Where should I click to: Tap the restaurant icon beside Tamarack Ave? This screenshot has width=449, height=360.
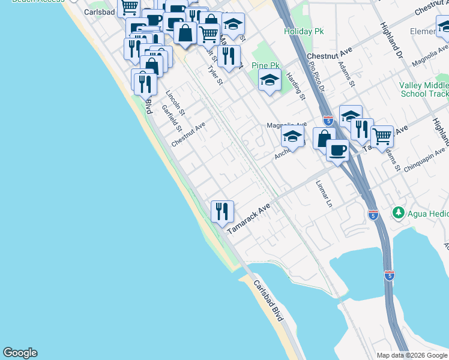(222, 211)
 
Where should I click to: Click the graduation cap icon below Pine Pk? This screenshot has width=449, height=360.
(270, 80)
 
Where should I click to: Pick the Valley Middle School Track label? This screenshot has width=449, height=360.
(424, 89)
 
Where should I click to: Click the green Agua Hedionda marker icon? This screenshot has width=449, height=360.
(397, 212)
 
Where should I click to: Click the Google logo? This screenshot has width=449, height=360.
(20, 353)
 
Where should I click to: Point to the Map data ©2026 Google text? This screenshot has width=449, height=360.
(411, 355)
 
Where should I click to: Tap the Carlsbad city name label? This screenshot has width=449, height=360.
(99, 12)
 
